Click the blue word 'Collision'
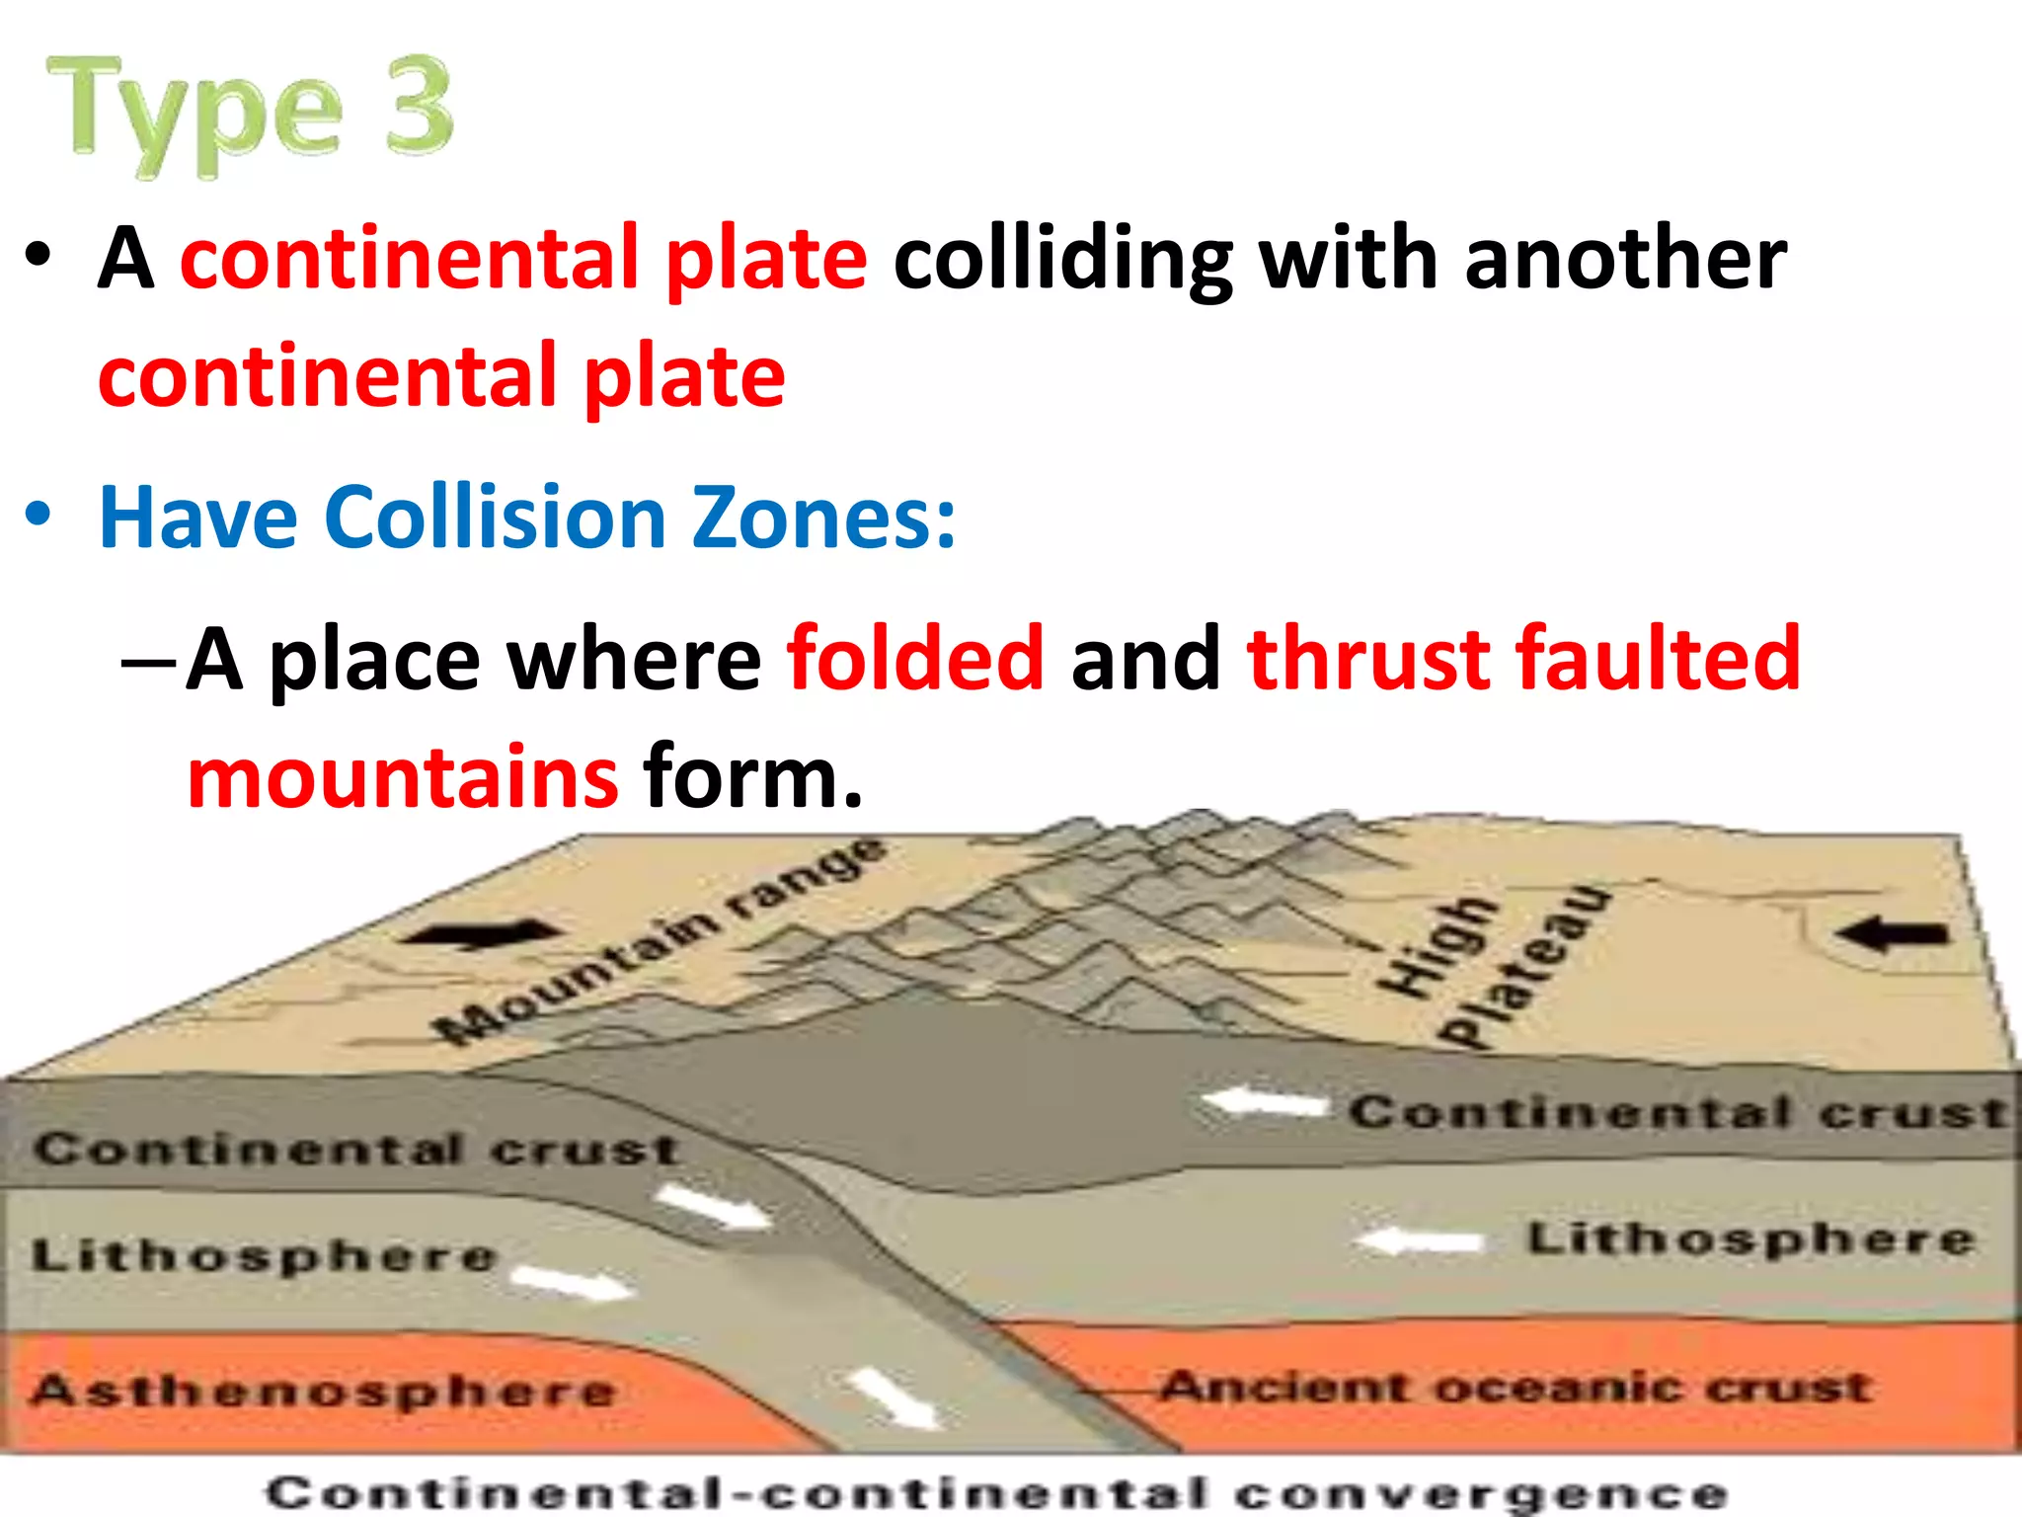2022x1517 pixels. pyautogui.click(x=495, y=518)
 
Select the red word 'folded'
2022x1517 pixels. pyautogui.click(x=915, y=659)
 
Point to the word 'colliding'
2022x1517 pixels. pyautogui.click(x=1062, y=259)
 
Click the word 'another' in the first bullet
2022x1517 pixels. pyautogui.click(x=1625, y=259)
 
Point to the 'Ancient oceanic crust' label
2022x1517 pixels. pyautogui.click(x=1515, y=1387)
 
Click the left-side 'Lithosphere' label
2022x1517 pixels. pyautogui.click(x=264, y=1255)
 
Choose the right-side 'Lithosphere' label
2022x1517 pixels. pyautogui.click(x=1750, y=1238)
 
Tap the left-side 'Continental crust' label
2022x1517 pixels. pyautogui.click(x=356, y=1149)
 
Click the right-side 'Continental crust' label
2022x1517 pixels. pyautogui.click(x=1678, y=1112)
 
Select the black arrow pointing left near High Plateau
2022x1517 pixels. pyautogui.click(x=1893, y=933)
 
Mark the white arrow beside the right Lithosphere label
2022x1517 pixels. pyautogui.click(x=1423, y=1240)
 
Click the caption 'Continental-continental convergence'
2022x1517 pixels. pyautogui.click(x=997, y=1492)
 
